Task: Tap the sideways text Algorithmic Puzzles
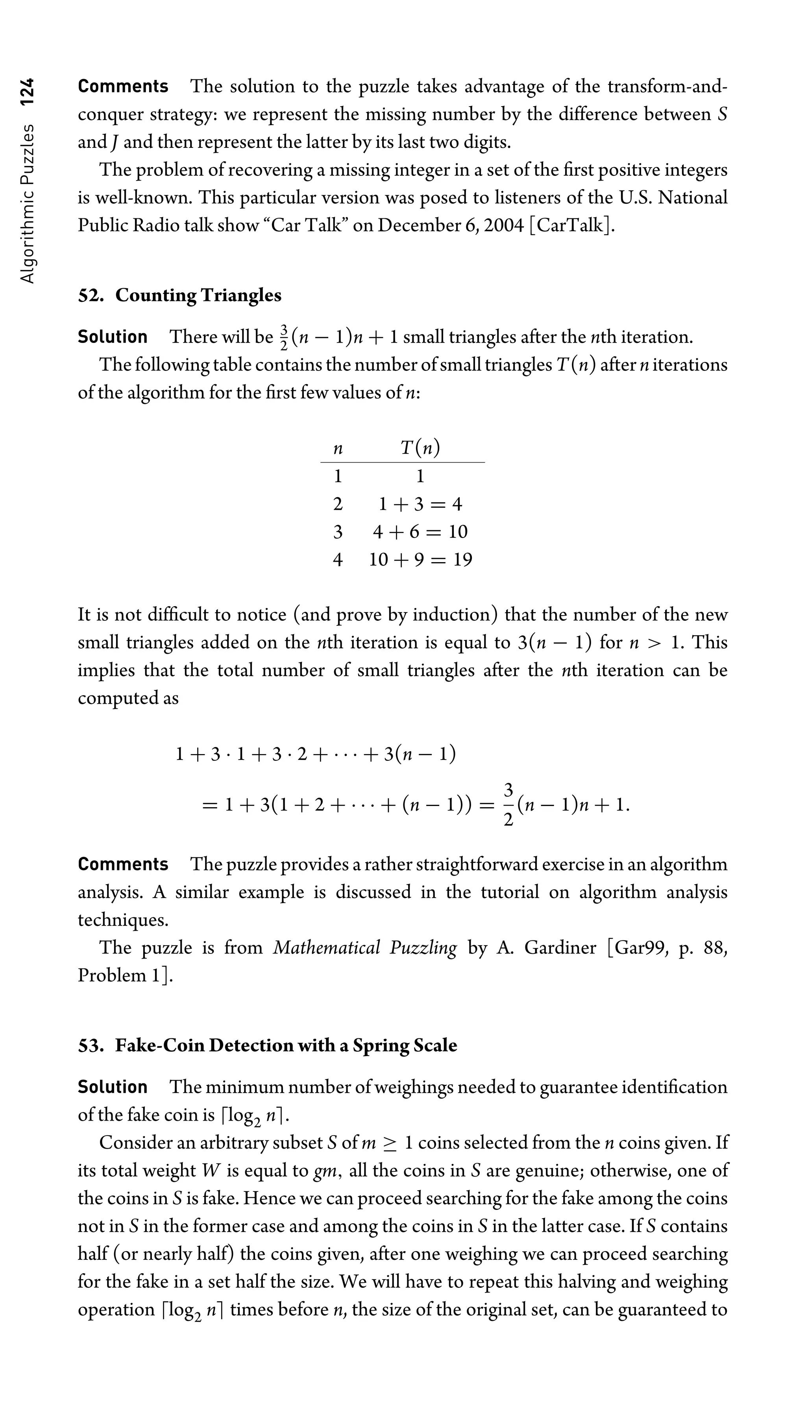(x=27, y=204)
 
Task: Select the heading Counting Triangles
(x=198, y=295)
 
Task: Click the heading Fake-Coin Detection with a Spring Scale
(x=286, y=1046)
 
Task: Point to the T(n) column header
(x=420, y=448)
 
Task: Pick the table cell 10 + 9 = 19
(x=420, y=560)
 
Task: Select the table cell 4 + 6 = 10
(x=420, y=532)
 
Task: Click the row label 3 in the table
(x=338, y=532)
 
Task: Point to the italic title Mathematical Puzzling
(x=365, y=948)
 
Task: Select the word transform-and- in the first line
(x=667, y=87)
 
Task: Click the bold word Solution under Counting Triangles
(x=113, y=337)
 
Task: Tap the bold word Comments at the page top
(x=123, y=87)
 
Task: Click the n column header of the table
(x=338, y=448)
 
